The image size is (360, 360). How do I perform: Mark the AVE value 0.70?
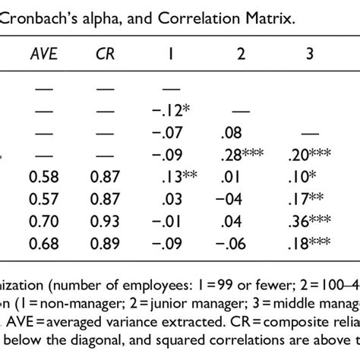click(x=45, y=223)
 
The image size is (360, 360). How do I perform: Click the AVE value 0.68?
click(x=45, y=245)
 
